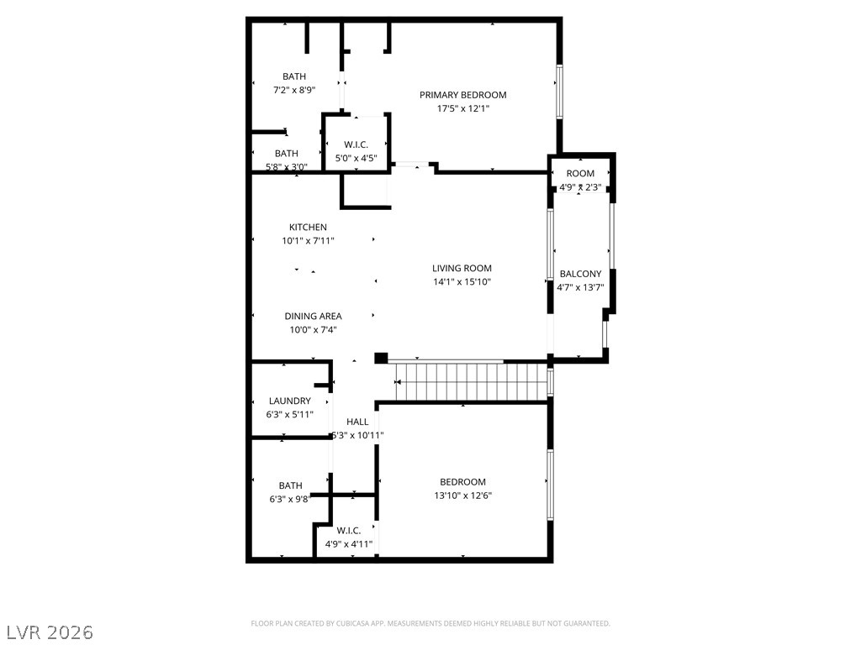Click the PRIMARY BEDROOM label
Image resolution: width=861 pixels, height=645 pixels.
(x=462, y=95)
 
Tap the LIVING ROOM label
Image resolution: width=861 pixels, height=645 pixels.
(x=462, y=269)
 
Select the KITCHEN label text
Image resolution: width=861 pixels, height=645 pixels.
(x=308, y=228)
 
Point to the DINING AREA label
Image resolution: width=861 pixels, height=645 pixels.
(x=313, y=317)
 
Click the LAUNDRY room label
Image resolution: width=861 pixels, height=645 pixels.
(x=289, y=401)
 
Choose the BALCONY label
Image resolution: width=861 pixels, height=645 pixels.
(x=580, y=274)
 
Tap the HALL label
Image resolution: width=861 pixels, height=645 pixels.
(x=357, y=422)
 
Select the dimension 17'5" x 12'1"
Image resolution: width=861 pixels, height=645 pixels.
(x=462, y=108)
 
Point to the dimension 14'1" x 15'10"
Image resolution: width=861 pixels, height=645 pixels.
(x=462, y=282)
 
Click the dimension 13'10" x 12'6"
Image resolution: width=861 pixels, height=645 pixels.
(x=462, y=496)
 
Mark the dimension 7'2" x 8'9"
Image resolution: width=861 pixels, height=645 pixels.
(x=294, y=90)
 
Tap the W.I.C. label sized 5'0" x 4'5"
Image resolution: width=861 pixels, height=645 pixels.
(x=357, y=144)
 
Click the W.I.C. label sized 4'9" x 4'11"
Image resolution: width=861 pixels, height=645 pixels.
(x=349, y=531)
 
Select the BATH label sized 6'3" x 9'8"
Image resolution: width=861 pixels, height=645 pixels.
(x=291, y=485)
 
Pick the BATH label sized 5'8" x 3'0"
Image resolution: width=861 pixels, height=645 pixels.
(x=286, y=154)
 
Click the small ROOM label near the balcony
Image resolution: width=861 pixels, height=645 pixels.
(x=580, y=174)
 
